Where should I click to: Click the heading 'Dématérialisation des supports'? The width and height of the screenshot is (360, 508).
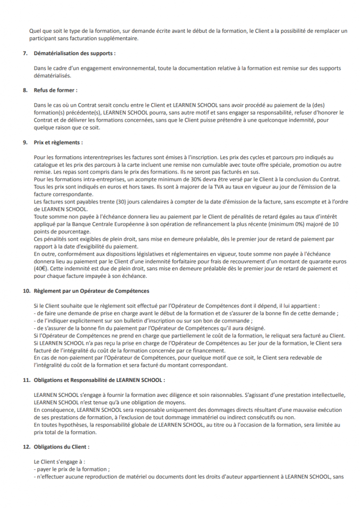point(75,53)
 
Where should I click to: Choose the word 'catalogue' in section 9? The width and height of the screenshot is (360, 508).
point(46,164)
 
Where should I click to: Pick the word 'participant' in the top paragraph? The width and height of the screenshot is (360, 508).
point(43,38)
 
